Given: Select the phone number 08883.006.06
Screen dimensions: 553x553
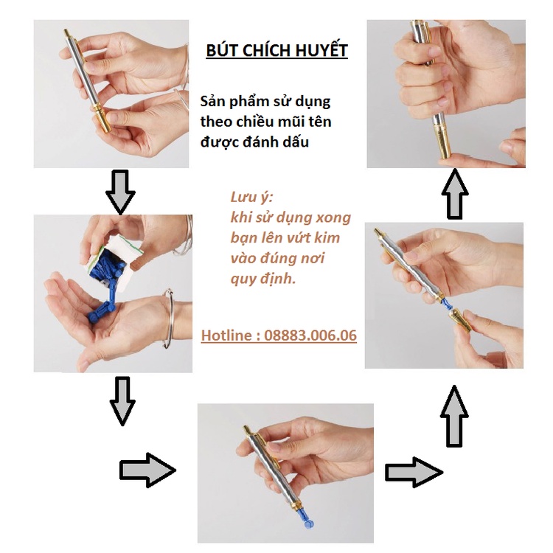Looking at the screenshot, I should pos(309,336).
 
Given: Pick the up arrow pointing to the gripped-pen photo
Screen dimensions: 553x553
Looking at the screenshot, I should pos(455,195).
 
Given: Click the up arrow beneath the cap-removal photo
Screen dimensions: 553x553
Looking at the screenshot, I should pos(455,417).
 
